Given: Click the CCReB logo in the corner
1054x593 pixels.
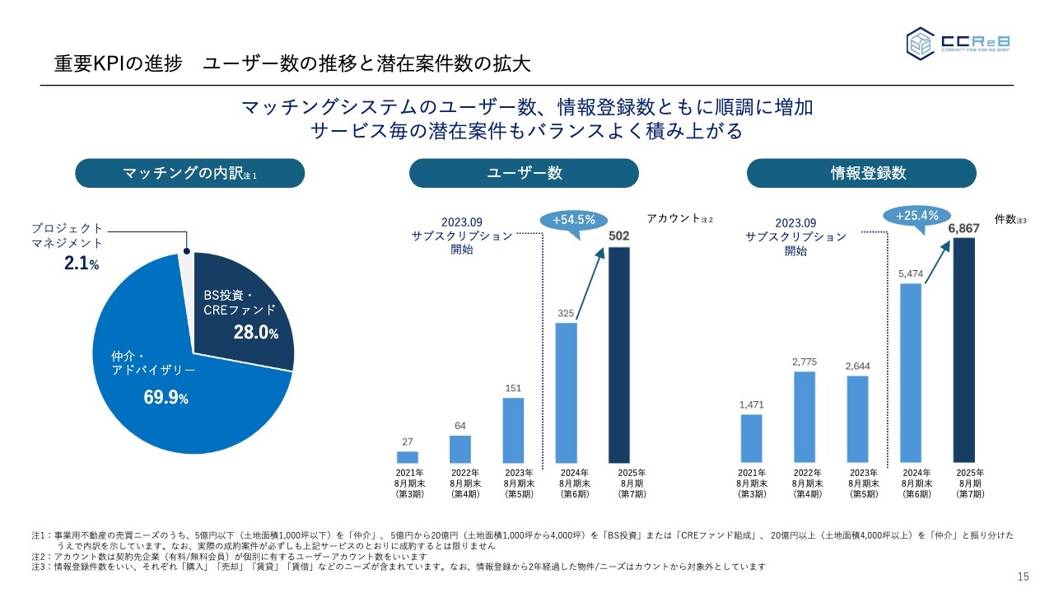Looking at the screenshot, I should (x=959, y=43).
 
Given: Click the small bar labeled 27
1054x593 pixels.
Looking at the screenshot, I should (x=407, y=456).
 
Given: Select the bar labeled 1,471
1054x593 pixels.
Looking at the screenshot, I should (x=751, y=438).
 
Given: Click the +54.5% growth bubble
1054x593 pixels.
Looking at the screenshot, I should (x=573, y=221).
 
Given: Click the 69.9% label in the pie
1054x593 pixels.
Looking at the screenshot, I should (x=166, y=399).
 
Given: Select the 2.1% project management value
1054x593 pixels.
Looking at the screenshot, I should (x=82, y=264).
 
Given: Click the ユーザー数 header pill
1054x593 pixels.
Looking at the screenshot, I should (x=524, y=173).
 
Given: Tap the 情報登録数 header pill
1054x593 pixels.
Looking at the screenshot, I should (x=861, y=173).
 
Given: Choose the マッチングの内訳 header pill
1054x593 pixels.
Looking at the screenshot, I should (x=190, y=173).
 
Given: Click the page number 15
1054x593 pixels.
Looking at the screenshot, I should (x=1024, y=576).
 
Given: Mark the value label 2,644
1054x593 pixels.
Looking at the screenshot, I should (x=857, y=366).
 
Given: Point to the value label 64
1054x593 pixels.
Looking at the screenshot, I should (x=459, y=425).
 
